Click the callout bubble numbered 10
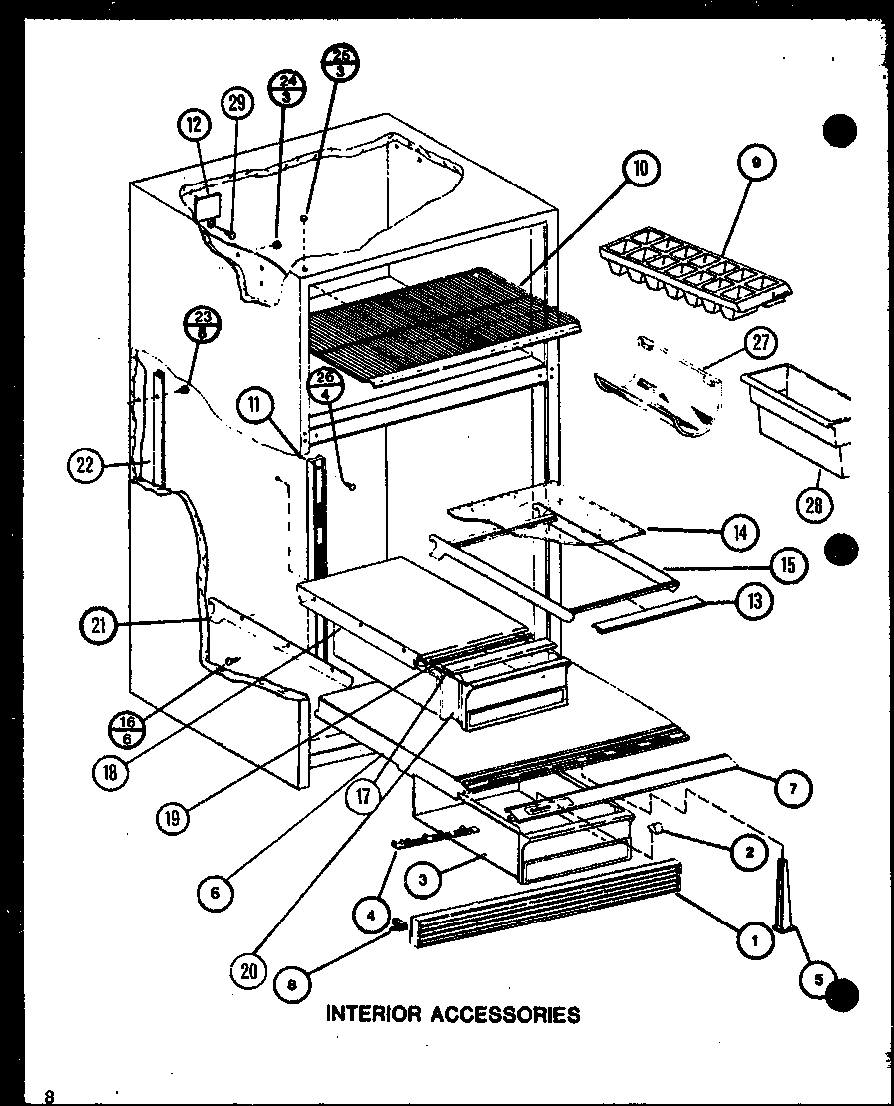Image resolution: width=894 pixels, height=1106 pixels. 640,170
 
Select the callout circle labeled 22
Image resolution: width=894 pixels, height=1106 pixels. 87,464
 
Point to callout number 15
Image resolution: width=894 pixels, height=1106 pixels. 788,567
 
